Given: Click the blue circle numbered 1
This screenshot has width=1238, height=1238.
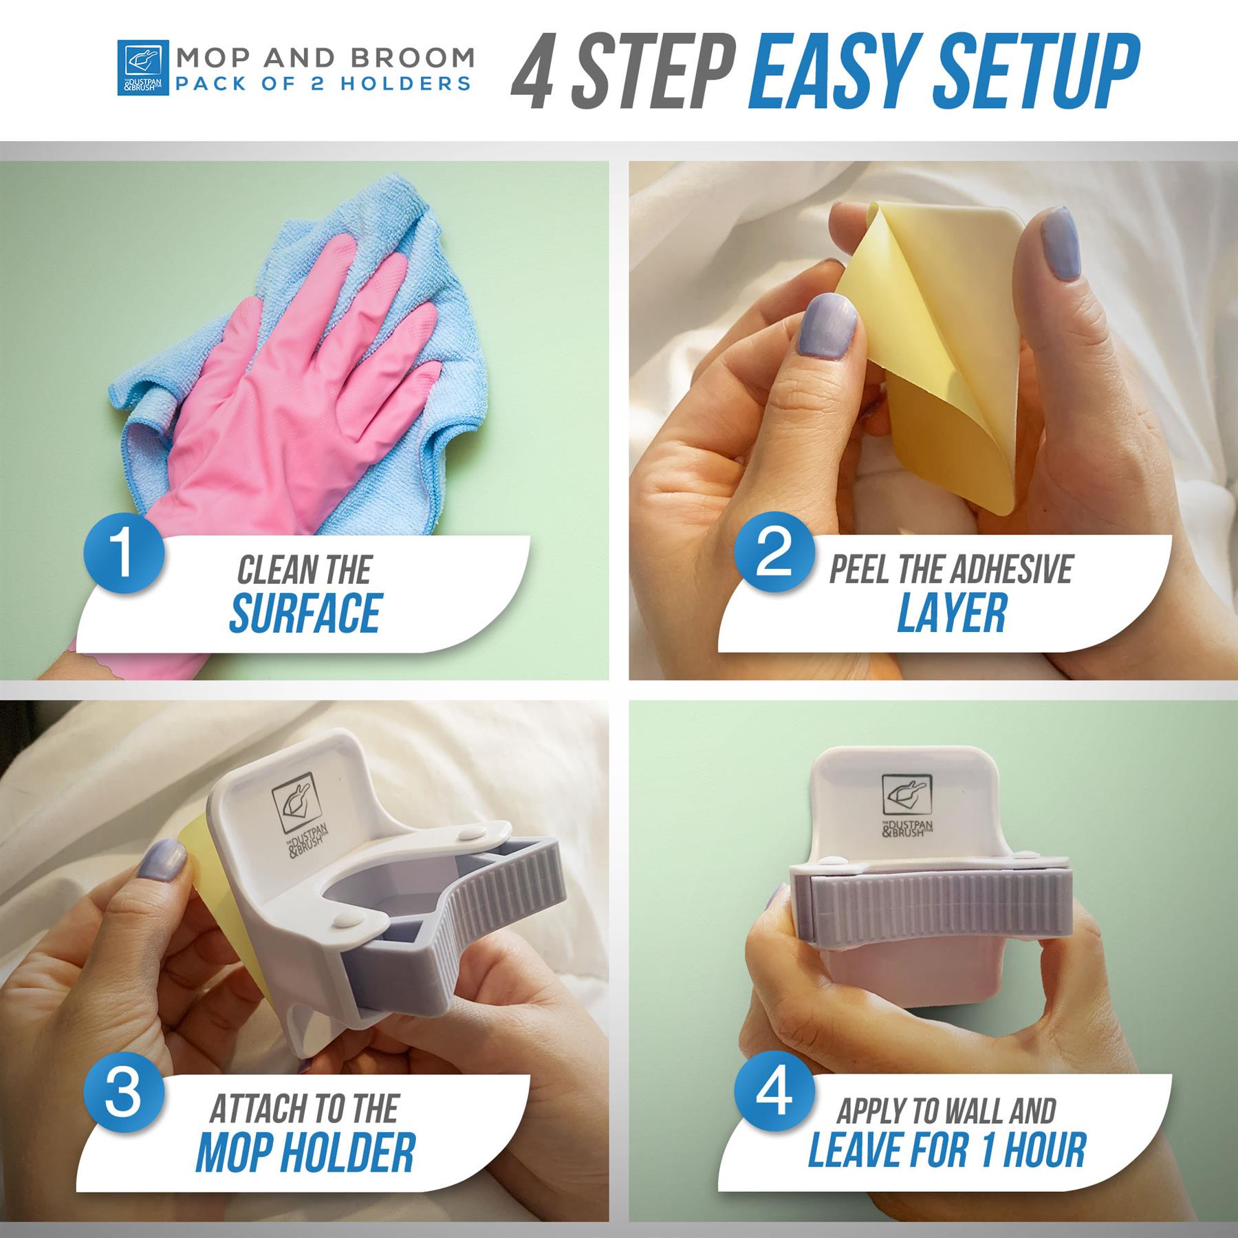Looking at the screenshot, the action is tap(124, 554).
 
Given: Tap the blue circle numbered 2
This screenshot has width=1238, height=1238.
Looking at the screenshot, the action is tap(774, 554).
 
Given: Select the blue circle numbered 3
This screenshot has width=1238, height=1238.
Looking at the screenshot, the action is tap(124, 1093).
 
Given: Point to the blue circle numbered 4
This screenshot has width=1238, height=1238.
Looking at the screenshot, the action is tap(774, 1093).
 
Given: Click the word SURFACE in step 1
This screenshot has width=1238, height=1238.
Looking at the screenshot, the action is tap(305, 613).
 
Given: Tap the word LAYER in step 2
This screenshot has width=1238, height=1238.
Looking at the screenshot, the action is tap(952, 613).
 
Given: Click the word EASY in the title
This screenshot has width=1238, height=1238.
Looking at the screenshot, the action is tap(839, 72).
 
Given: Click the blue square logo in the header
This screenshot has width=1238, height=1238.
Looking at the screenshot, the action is tap(143, 67).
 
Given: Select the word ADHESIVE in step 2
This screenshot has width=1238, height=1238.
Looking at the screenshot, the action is tap(1010, 569).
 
